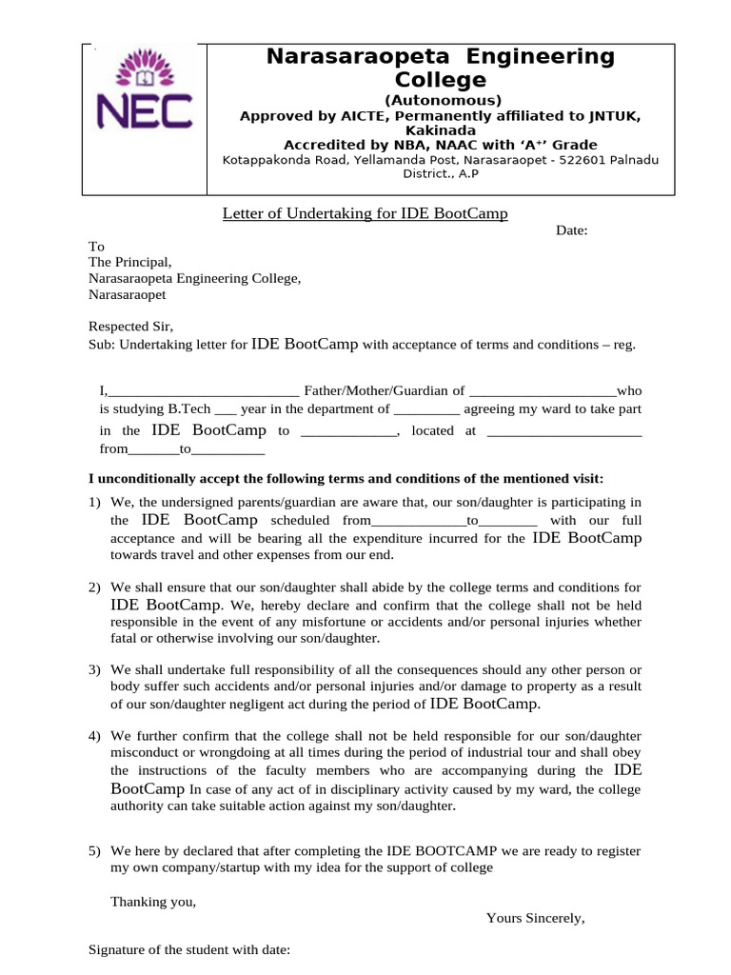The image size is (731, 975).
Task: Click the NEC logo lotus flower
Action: click(146, 73)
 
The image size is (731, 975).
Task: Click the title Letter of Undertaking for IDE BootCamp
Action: click(365, 214)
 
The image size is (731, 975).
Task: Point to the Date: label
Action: click(571, 230)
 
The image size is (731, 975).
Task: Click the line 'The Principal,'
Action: click(130, 262)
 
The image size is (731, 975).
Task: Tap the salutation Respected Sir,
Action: click(131, 326)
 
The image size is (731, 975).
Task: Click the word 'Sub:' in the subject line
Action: click(103, 344)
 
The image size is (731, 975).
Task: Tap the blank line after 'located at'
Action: click(563, 430)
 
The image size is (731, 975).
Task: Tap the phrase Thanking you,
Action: click(153, 902)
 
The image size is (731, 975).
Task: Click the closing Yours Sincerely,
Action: click(535, 919)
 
